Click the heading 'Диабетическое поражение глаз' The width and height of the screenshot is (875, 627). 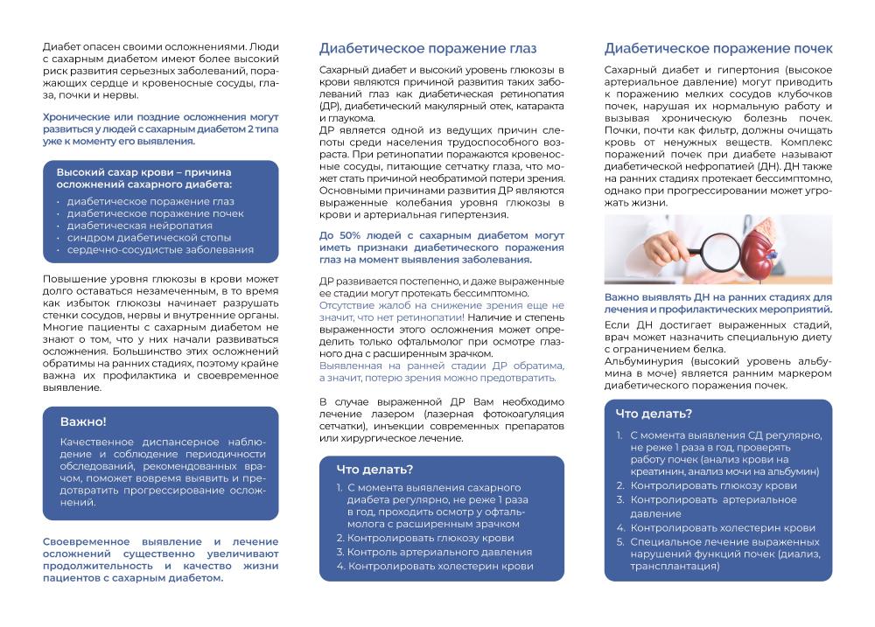click(428, 48)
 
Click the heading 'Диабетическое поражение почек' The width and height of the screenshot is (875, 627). click(718, 48)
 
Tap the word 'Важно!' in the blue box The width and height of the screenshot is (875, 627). click(83, 421)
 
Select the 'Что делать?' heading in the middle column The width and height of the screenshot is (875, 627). click(374, 469)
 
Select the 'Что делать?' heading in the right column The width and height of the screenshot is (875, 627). click(653, 414)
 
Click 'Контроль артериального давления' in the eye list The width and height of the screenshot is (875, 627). click(438, 552)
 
